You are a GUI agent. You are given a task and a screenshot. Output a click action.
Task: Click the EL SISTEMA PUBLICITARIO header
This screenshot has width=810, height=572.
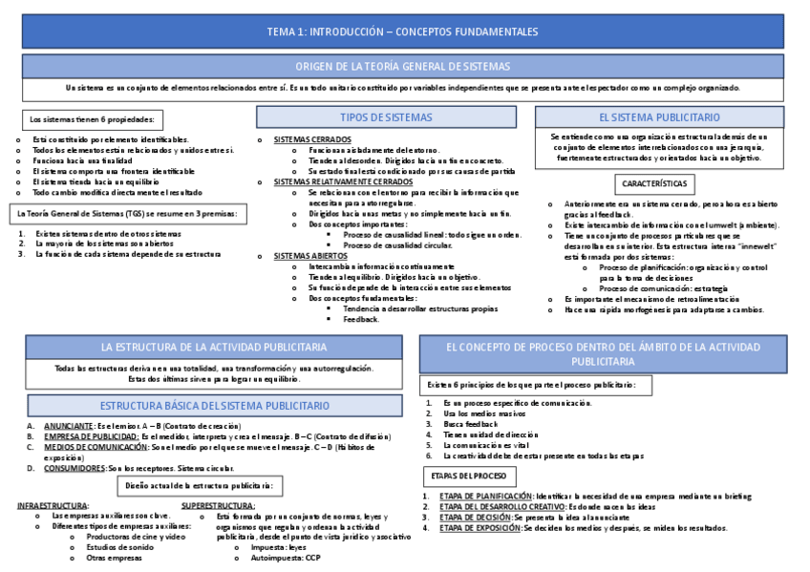[659, 117]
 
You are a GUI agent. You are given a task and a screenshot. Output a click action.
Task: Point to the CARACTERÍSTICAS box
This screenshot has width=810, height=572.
[658, 181]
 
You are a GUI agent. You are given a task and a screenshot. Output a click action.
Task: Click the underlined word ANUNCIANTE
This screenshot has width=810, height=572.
[69, 425]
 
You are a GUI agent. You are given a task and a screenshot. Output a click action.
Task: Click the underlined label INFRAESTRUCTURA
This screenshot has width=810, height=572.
[53, 505]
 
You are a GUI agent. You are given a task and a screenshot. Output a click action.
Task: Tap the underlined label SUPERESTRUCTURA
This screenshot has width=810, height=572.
[218, 505]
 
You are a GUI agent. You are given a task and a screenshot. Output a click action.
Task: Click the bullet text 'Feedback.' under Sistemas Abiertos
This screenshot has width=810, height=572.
[360, 319]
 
